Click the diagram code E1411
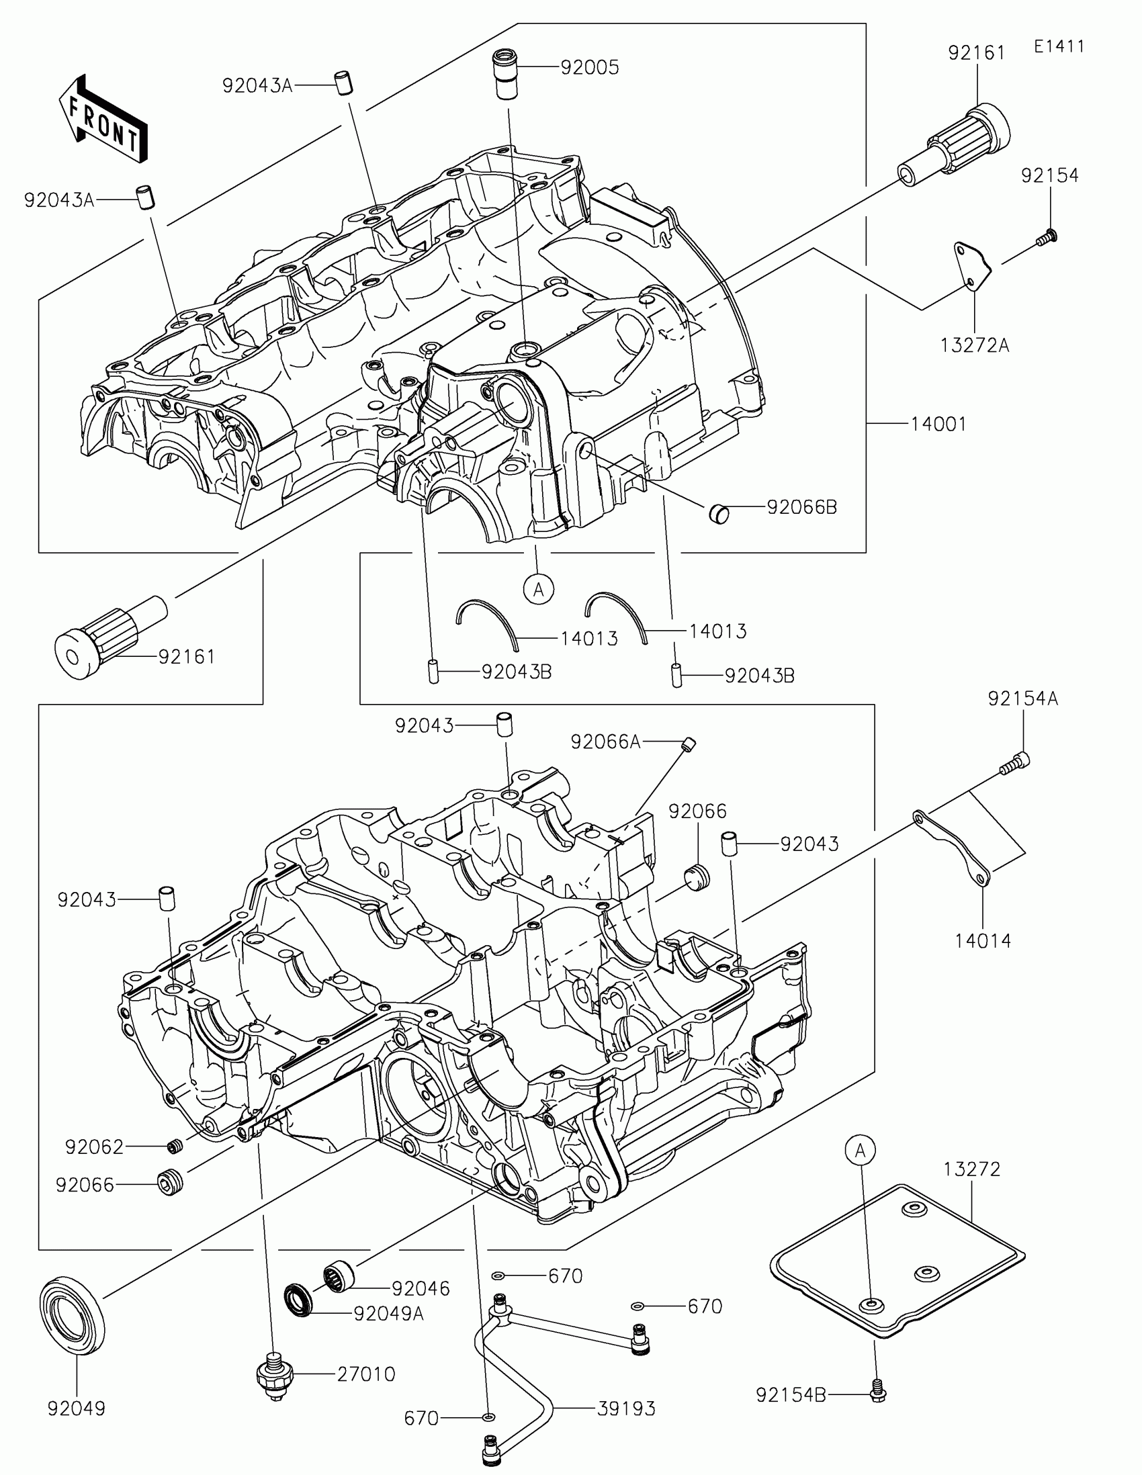pyautogui.click(x=1059, y=46)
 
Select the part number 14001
pyautogui.click(x=938, y=424)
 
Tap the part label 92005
pyautogui.click(x=590, y=68)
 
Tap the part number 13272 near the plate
pyautogui.click(x=972, y=1169)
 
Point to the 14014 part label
pyautogui.click(x=983, y=941)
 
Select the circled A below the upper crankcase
pyautogui.click(x=538, y=589)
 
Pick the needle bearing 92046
pyautogui.click(x=340, y=1276)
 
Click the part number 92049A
pyautogui.click(x=389, y=1314)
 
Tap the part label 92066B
pyautogui.click(x=801, y=507)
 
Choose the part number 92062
pyautogui.click(x=95, y=1147)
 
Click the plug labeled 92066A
pyautogui.click(x=688, y=744)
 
